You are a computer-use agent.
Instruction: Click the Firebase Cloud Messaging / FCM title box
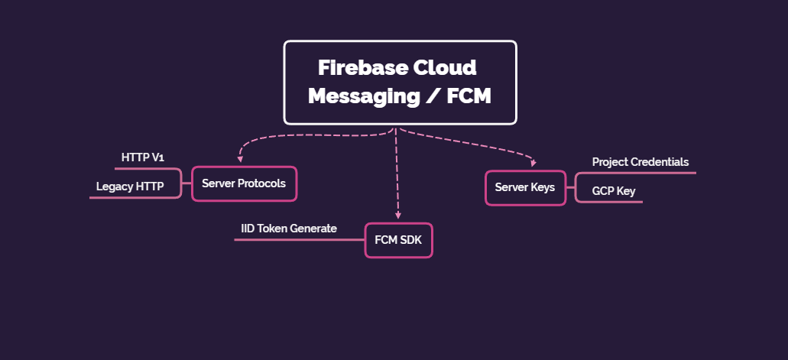pos(400,82)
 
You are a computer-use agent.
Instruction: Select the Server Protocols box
pos(244,183)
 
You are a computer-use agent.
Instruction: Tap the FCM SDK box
pos(398,240)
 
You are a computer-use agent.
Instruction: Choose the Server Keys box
pos(525,188)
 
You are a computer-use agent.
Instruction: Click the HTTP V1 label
pos(143,157)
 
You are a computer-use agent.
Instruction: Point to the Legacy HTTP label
pos(130,186)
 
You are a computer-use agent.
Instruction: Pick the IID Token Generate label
pos(289,229)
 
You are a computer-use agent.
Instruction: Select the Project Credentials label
pos(640,162)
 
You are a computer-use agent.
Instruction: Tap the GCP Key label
pos(614,191)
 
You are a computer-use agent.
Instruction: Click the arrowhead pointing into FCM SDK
pos(398,217)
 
